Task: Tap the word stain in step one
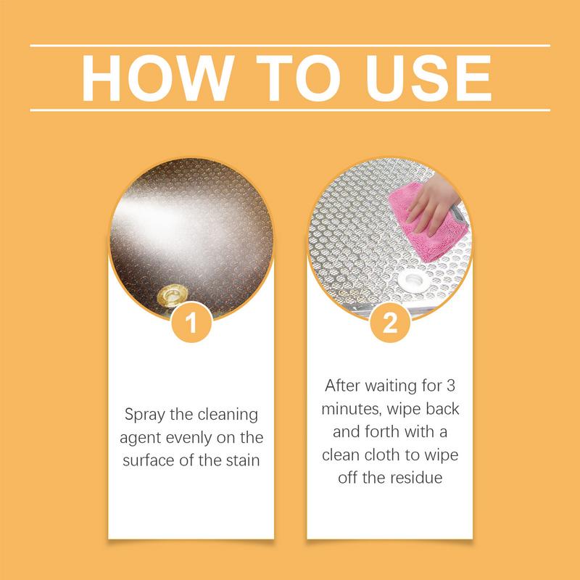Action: click(240, 460)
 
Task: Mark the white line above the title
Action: click(290, 46)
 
